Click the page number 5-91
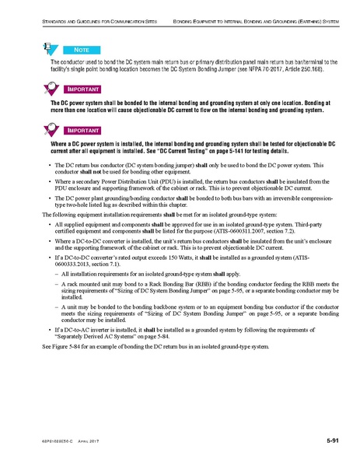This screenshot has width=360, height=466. (x=336, y=442)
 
